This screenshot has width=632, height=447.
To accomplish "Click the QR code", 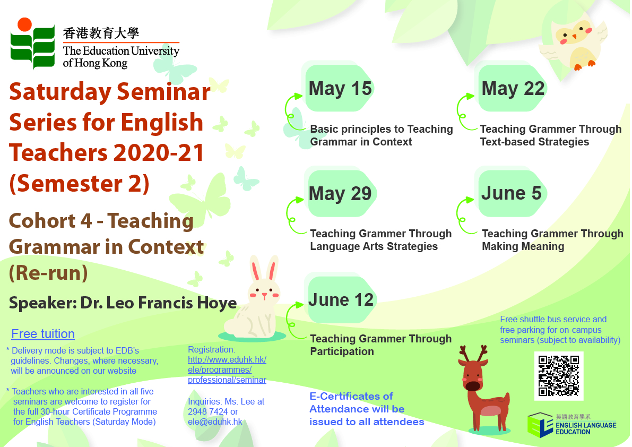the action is point(559,376).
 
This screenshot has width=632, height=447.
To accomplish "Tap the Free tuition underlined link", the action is point(43,334).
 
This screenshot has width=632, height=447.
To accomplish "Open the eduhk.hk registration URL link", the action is point(227,369).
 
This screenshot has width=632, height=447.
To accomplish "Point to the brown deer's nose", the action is point(473,386).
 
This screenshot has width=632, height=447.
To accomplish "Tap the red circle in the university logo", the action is point(24,24).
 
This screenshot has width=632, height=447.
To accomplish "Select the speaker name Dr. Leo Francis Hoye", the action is point(159,303).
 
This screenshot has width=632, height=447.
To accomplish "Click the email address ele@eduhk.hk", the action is point(215,422).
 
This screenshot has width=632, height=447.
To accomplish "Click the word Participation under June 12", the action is point(342,351).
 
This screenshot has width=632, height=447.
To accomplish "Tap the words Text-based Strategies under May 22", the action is point(534,142).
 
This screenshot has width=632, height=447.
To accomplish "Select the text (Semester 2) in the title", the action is point(80,184).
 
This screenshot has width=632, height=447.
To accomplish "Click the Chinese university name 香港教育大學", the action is point(101,33).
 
